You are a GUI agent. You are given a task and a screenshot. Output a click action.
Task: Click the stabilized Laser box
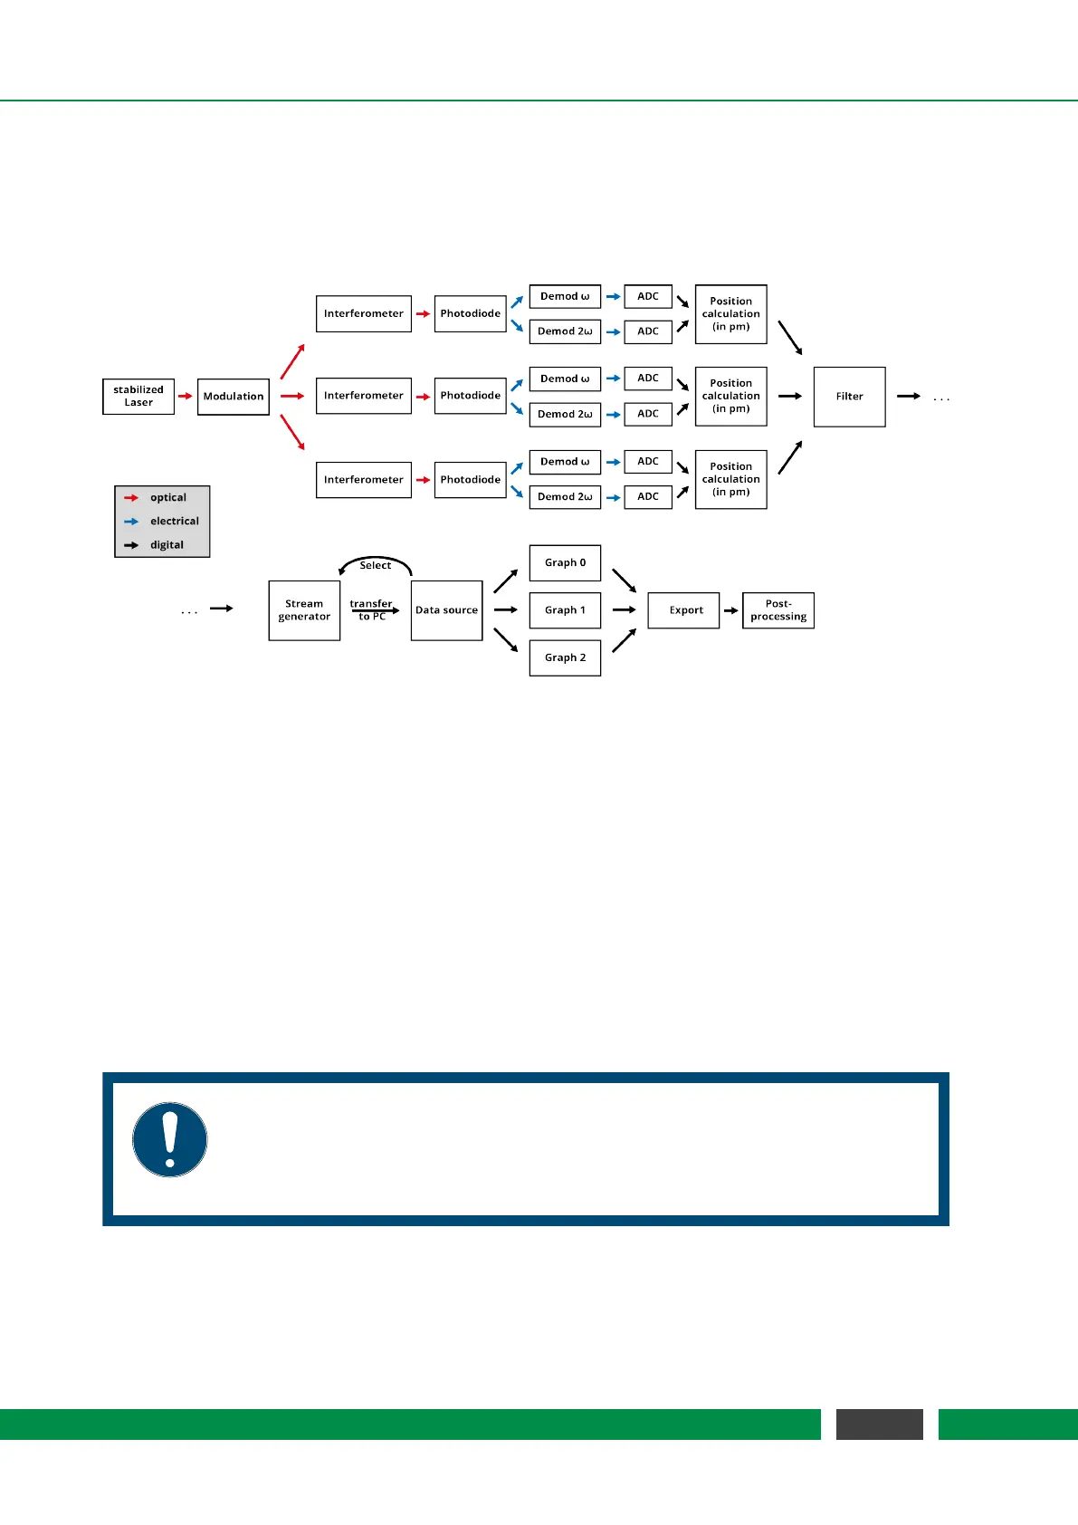[138, 397]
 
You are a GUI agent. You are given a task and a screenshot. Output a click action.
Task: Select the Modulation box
[234, 397]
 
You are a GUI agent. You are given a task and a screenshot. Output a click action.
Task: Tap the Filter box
[849, 397]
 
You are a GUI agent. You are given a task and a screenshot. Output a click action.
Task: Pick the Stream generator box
[304, 610]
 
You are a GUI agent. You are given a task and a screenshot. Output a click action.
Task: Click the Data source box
[446, 610]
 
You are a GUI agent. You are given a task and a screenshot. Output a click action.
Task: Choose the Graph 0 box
[565, 562]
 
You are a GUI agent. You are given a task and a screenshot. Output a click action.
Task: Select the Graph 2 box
[565, 657]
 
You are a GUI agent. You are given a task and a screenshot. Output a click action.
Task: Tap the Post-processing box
[777, 610]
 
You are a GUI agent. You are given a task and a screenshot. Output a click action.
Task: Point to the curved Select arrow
[375, 562]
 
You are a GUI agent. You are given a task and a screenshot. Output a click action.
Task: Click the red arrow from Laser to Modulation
[186, 397]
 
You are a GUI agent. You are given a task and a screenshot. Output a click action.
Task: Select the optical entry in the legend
[161, 497]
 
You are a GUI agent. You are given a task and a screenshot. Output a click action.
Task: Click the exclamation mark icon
[170, 1139]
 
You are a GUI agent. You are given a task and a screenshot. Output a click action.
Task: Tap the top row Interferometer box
[363, 313]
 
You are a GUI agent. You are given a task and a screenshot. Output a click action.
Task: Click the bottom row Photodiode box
[470, 479]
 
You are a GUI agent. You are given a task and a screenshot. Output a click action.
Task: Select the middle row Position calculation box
[730, 396]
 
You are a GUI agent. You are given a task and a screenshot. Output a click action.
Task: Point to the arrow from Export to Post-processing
[730, 610]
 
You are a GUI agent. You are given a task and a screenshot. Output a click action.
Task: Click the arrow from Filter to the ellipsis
[908, 397]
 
